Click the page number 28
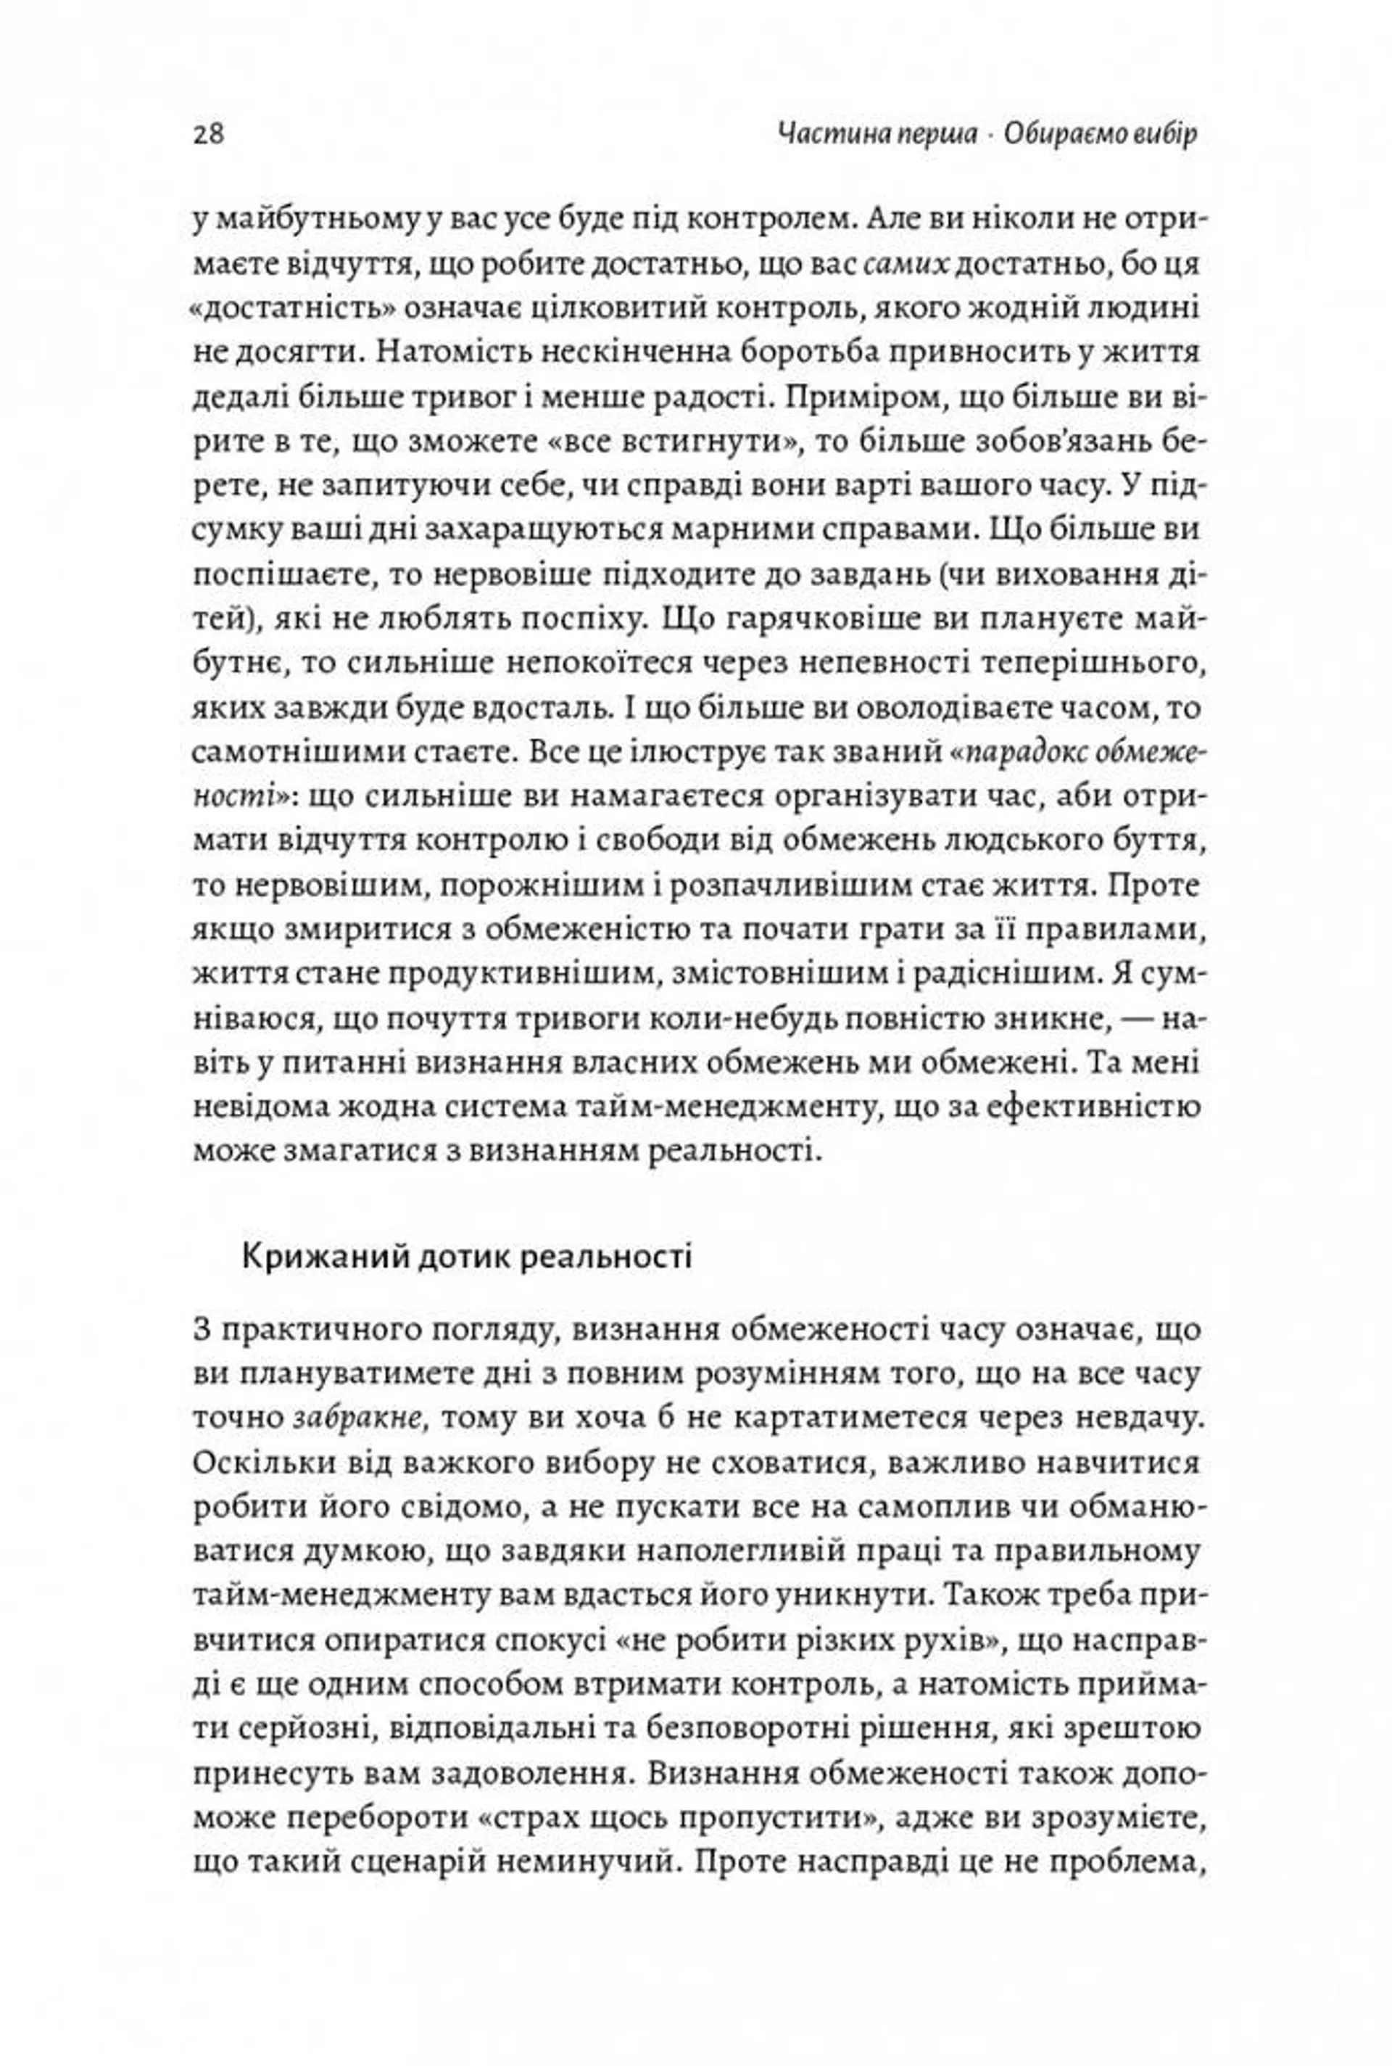(208, 135)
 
